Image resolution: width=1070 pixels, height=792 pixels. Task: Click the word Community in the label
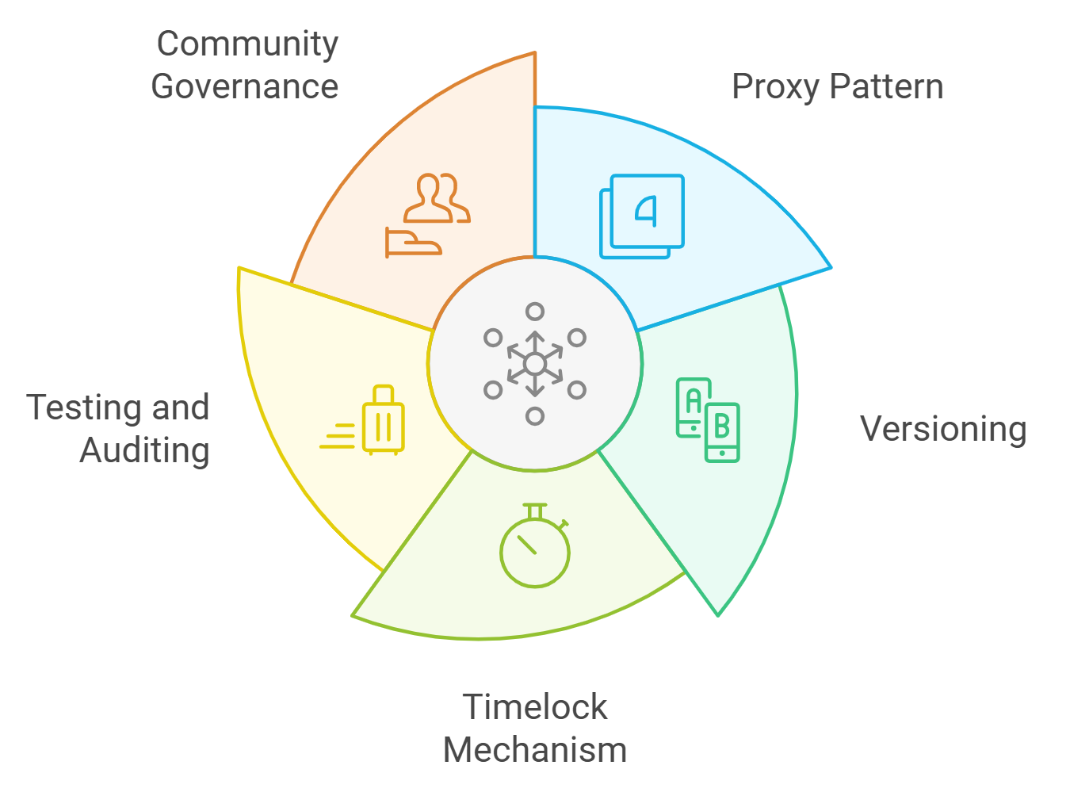[247, 44]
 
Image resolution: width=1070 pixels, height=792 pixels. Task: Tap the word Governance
[245, 86]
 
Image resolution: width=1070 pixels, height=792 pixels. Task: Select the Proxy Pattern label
[837, 86]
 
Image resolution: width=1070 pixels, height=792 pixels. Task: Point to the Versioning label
[943, 429]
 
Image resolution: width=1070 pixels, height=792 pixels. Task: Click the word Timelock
[535, 707]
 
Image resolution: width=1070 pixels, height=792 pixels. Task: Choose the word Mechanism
[535, 750]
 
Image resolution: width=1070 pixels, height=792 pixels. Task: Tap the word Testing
[85, 408]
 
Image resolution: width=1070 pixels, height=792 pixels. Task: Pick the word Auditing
[145, 450]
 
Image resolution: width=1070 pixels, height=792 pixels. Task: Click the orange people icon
[436, 198]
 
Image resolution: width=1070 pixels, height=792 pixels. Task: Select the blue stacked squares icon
[642, 216]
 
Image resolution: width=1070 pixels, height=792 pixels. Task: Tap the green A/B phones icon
[708, 419]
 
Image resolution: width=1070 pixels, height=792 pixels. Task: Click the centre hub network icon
[535, 364]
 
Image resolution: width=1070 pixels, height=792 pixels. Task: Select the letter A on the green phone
[693, 401]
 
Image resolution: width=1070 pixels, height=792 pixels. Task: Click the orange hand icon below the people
[412, 242]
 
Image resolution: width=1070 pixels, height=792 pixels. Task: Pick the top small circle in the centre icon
[535, 312]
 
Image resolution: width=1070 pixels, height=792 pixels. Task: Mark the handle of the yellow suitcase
[384, 394]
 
